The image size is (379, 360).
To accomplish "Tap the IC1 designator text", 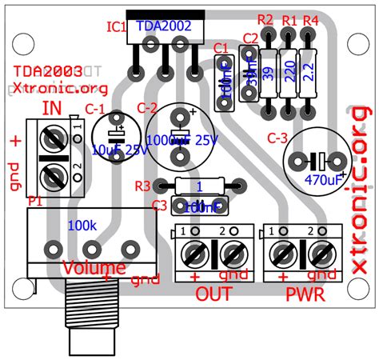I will click(x=117, y=27).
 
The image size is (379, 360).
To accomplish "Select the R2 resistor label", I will click(x=265, y=19).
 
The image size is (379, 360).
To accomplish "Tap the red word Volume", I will click(x=94, y=267).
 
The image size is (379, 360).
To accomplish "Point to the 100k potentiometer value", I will click(x=83, y=225).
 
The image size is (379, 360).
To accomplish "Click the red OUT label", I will click(x=213, y=294).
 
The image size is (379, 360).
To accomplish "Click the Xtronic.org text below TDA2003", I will click(x=49, y=86).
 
